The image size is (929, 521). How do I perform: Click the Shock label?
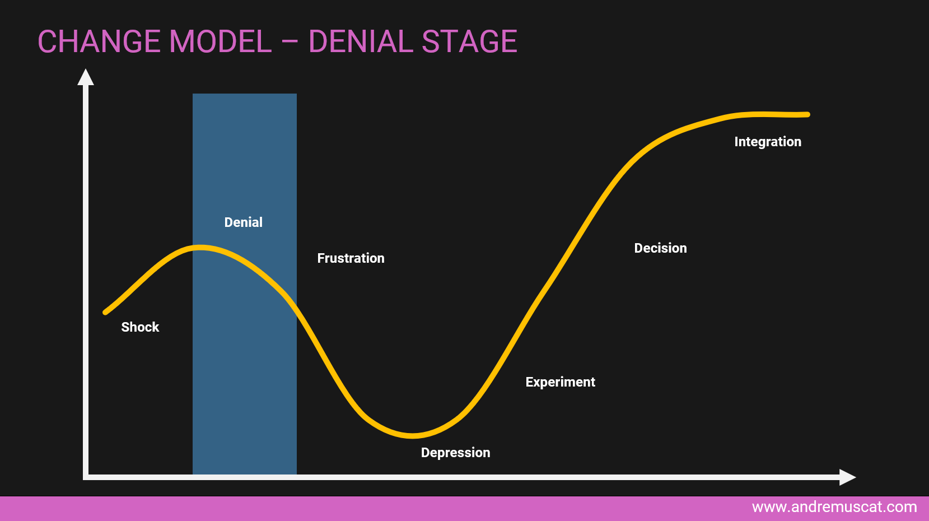[140, 327]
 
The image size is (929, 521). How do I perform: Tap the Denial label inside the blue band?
[244, 222]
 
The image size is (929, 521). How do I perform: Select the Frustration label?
[351, 258]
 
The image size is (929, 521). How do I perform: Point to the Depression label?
[455, 453]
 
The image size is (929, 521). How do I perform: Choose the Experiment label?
[561, 382]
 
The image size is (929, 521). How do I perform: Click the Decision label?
[660, 248]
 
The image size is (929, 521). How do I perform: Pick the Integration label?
[768, 142]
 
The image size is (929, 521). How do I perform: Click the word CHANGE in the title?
[99, 41]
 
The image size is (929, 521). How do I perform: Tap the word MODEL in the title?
[220, 41]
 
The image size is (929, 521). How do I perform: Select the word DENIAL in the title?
[361, 41]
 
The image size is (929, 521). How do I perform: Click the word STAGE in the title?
[469, 41]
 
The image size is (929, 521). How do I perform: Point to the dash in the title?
[290, 41]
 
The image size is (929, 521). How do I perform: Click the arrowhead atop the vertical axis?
[86, 77]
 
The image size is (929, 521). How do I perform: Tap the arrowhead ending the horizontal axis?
[848, 477]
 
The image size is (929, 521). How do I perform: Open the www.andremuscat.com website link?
[834, 507]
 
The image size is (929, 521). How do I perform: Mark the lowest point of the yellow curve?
[412, 435]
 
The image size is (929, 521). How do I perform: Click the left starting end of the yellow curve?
[105, 313]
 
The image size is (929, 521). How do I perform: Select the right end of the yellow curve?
[807, 114]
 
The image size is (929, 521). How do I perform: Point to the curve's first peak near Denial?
[200, 248]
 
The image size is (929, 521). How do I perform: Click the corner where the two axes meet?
[86, 477]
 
